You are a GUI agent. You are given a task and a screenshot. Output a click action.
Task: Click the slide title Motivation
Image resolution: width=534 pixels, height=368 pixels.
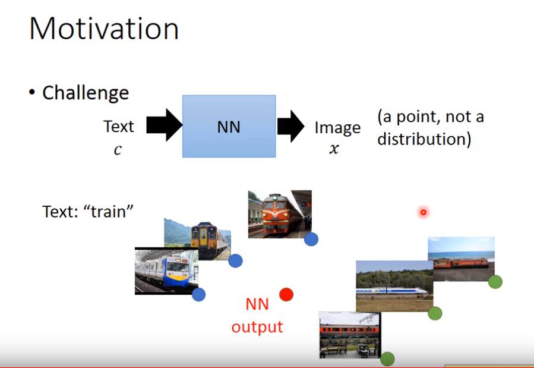[104, 29]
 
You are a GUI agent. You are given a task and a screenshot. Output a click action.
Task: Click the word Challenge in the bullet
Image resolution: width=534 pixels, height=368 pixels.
[86, 93]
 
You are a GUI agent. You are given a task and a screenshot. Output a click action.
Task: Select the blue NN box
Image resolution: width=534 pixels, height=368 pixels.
[229, 127]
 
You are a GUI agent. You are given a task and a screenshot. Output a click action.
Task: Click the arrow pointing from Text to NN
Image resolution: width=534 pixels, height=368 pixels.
[164, 125]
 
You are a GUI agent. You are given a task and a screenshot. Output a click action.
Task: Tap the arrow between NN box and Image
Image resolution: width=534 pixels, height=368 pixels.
[291, 126]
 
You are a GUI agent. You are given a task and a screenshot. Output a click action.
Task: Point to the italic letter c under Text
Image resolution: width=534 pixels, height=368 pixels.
[118, 149]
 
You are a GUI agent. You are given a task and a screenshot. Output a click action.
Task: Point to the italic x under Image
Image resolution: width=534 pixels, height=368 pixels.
[334, 149]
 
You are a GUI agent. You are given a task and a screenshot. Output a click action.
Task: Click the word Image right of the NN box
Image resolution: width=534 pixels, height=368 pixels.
[337, 128]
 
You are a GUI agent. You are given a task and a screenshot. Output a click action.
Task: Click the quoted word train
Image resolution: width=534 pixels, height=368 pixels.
[109, 212]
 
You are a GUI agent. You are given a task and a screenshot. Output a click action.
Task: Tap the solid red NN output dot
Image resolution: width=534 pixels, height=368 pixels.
[286, 294]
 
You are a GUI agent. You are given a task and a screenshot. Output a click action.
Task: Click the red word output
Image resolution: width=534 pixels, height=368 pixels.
[257, 327]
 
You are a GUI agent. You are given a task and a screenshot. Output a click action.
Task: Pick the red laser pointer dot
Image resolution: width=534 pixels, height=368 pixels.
[424, 212]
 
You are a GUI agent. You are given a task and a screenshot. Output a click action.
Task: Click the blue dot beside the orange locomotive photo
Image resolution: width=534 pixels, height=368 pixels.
[311, 239]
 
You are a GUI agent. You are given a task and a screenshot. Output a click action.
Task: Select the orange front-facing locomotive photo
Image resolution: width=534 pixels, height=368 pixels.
[280, 214]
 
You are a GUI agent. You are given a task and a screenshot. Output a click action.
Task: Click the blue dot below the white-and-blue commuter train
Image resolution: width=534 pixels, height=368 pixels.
[198, 294]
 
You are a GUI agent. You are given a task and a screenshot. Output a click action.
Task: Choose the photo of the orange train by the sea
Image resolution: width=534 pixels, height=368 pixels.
[461, 259]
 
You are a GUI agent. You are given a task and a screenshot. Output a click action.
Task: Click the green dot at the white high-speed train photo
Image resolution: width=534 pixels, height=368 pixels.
[435, 313]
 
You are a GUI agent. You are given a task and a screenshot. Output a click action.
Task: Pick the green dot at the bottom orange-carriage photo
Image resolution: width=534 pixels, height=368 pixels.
[387, 359]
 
